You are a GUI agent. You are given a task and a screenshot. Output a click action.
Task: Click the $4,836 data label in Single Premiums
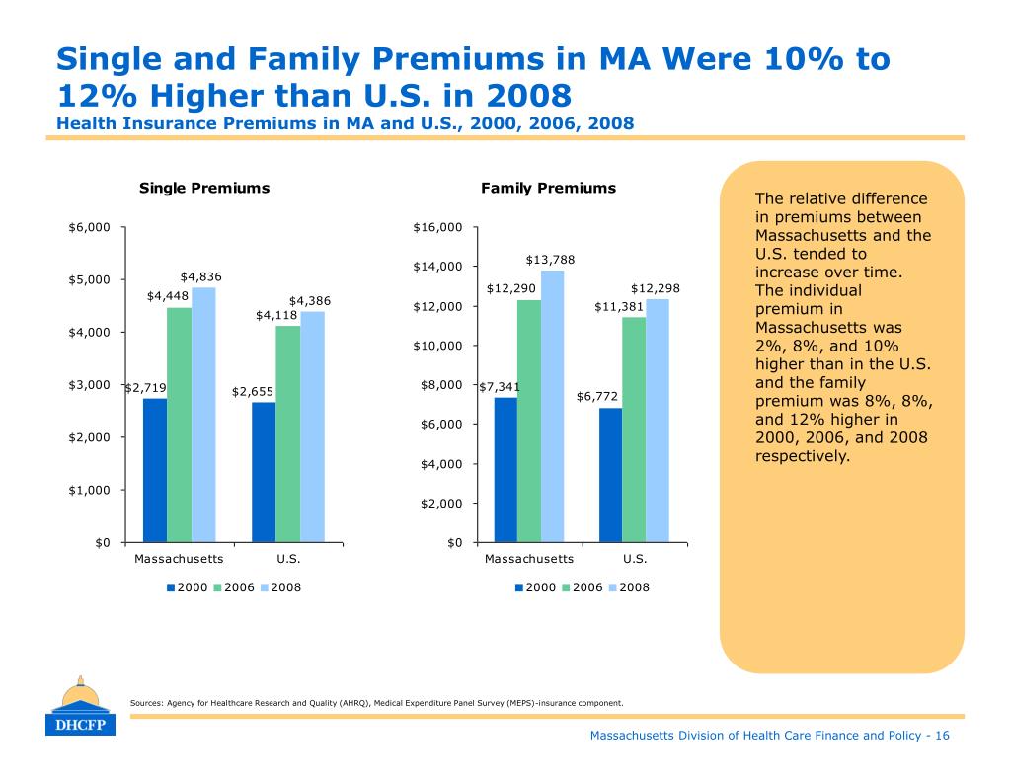click(200, 276)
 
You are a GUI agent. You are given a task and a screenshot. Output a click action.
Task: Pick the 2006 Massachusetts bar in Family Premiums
click(529, 421)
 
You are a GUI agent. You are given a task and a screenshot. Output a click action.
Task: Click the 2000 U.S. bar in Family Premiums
click(610, 475)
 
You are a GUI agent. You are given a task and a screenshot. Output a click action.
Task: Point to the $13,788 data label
click(550, 260)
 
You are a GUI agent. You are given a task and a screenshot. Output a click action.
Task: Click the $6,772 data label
click(597, 396)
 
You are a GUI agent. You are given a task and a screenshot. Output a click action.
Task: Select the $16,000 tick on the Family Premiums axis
click(437, 228)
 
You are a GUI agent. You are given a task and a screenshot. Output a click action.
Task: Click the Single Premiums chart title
click(204, 188)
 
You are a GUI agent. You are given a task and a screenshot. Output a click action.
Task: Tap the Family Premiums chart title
click(548, 188)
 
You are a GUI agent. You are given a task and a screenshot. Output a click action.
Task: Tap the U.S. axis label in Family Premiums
click(635, 558)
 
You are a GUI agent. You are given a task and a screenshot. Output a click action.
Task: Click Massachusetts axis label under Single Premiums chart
click(178, 558)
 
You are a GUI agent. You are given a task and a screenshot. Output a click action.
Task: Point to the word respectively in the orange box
click(802, 457)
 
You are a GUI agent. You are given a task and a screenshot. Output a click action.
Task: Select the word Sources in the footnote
click(145, 703)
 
